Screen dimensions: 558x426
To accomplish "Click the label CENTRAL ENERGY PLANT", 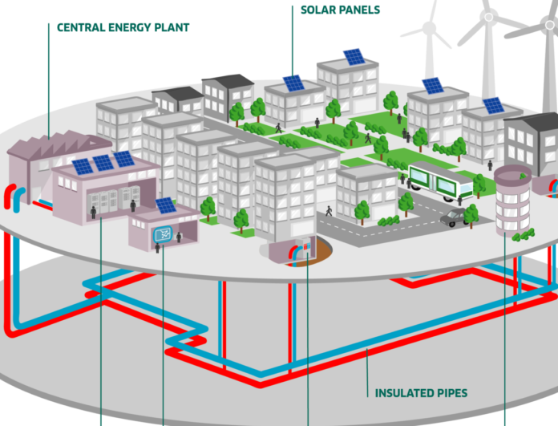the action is tap(123, 28).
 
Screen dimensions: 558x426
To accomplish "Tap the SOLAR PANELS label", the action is tap(340, 10).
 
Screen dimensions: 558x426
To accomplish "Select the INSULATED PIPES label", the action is tap(421, 393).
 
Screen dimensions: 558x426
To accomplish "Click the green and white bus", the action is tap(440, 181).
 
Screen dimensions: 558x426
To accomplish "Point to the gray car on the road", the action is tap(454, 217).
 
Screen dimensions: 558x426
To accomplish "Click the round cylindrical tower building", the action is tap(512, 201).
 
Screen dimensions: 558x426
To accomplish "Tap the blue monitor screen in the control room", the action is tap(163, 234).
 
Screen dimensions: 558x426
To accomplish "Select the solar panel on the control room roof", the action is tap(165, 205).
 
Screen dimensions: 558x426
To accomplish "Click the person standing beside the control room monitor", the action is tap(179, 237).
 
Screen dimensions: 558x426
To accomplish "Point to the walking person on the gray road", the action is tap(329, 211).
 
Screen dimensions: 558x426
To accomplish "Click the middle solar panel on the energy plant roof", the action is tap(103, 163).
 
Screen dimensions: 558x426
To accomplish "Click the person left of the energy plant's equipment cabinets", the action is tap(93, 213).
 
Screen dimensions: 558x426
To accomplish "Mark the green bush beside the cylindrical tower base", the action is tap(523, 235).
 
